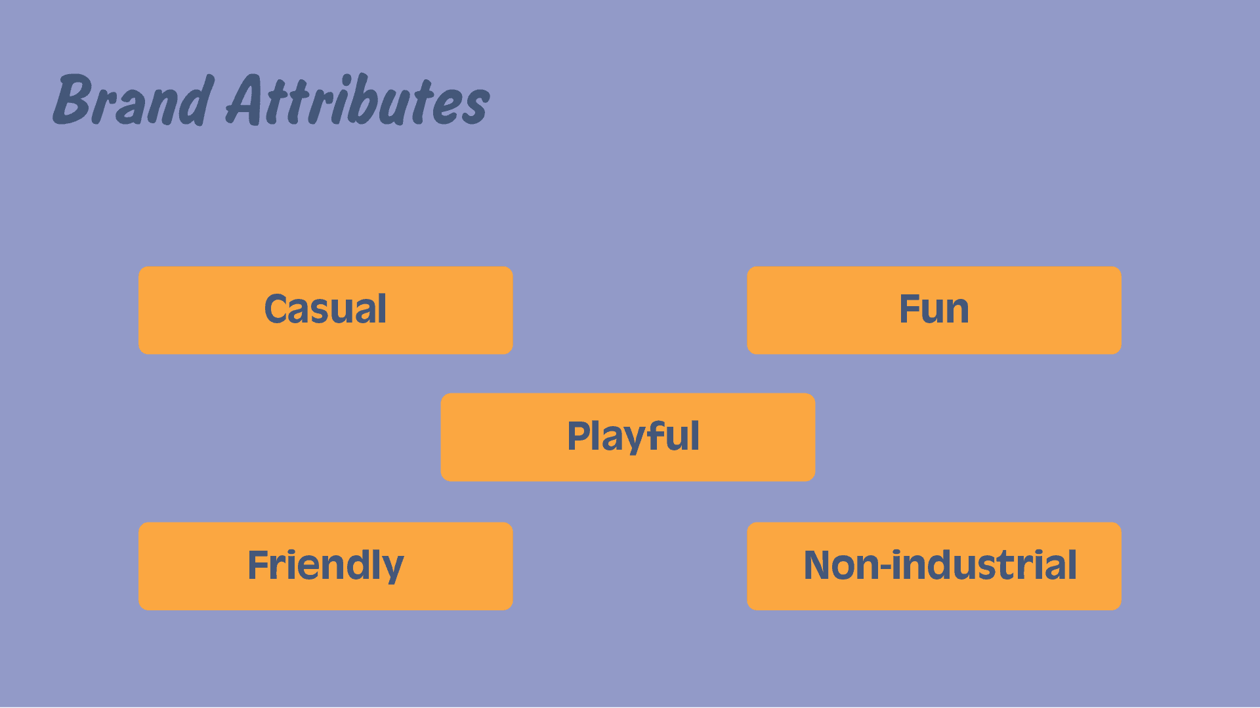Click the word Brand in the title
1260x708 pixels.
[x=133, y=101]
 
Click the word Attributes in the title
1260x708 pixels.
[x=358, y=101]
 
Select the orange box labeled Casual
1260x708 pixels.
[x=325, y=310]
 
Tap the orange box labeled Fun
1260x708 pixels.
[x=934, y=310]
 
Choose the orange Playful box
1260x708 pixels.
[x=627, y=437]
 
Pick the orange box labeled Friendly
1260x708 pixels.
[x=325, y=566]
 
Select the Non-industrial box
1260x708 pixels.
[x=934, y=566]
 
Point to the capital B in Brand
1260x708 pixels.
[x=72, y=100]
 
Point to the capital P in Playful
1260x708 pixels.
[x=579, y=437]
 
